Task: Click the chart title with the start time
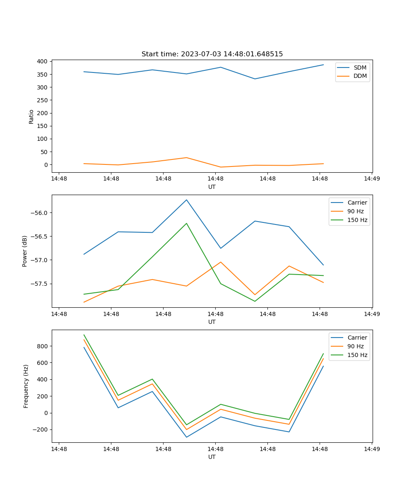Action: [212, 54]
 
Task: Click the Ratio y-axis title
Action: [31, 116]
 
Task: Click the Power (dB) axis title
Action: [25, 251]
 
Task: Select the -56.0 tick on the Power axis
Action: [41, 213]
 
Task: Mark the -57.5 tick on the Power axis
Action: [41, 284]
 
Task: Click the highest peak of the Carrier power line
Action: [186, 200]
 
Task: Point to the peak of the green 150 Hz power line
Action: [186, 224]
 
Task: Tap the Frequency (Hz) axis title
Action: [26, 386]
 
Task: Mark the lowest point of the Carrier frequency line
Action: [186, 437]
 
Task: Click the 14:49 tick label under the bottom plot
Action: [372, 449]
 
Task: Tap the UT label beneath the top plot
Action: [212, 187]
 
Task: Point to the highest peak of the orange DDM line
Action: [186, 158]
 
